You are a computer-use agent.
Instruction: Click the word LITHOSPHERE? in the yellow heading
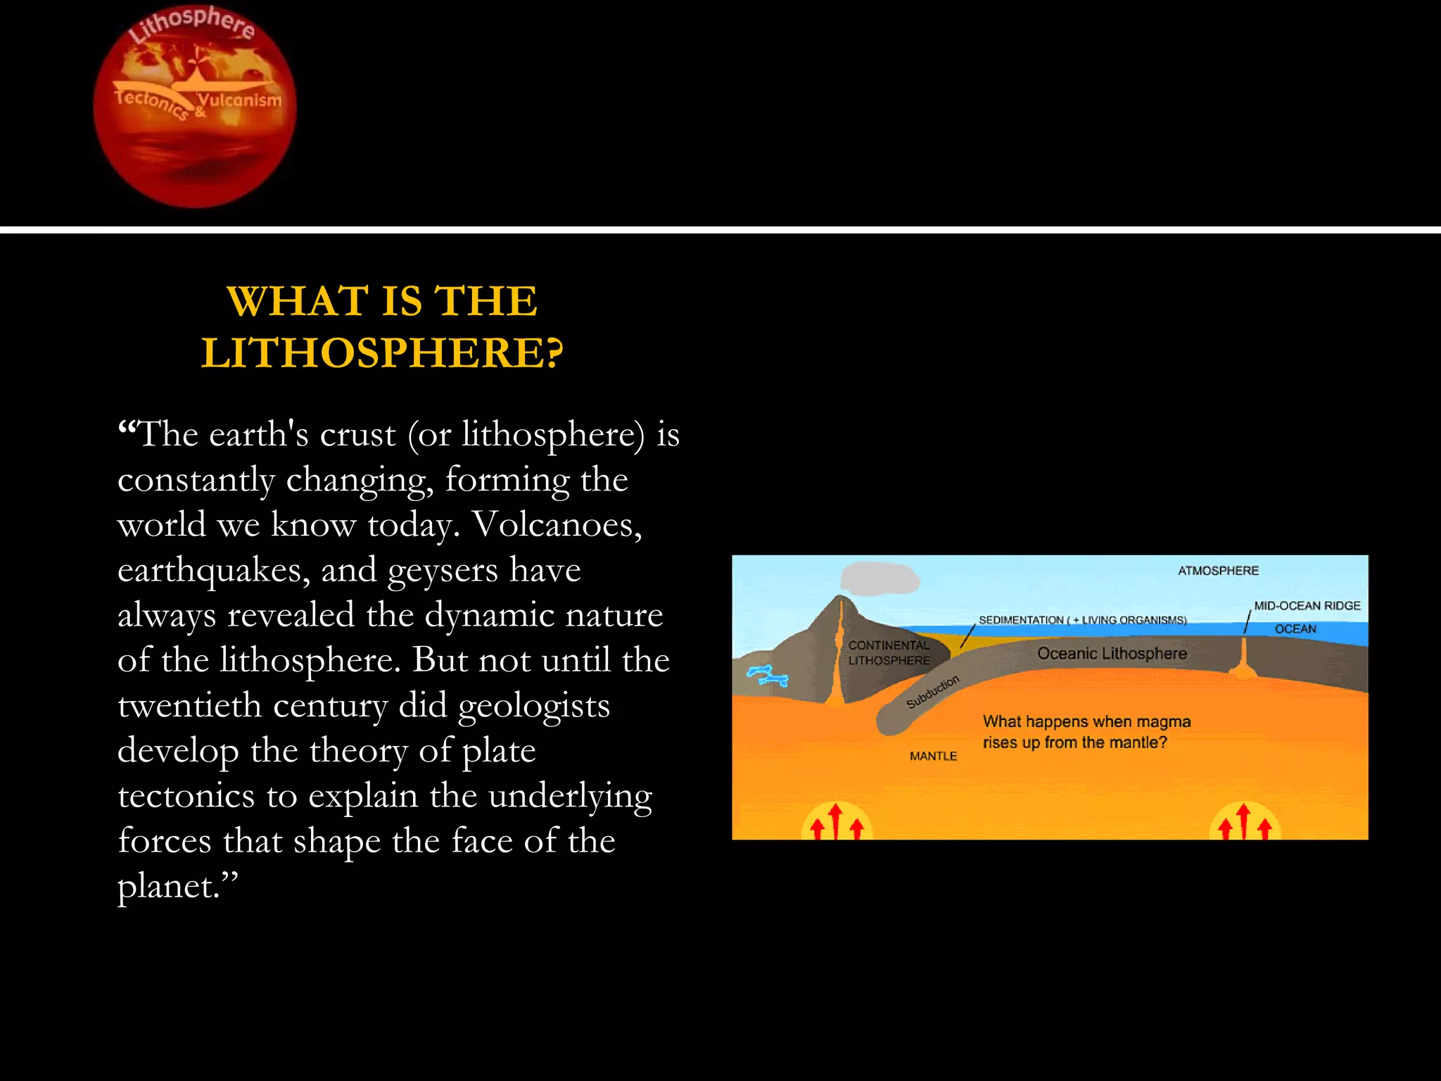pos(382,353)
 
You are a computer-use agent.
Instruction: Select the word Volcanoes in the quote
pos(557,524)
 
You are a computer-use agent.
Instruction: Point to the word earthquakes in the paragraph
pos(213,569)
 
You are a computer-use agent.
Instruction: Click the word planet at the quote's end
pos(167,886)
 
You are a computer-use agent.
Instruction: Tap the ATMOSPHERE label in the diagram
pos(1218,571)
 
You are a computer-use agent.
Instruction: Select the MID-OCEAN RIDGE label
pos(1307,606)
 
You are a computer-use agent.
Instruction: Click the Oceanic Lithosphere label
pos(1112,654)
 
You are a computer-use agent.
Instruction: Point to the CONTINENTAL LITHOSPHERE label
pos(889,652)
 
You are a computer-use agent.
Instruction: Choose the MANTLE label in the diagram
pos(933,756)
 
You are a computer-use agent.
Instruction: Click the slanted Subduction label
pos(932,692)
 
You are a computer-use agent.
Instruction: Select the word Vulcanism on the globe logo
pos(239,100)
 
